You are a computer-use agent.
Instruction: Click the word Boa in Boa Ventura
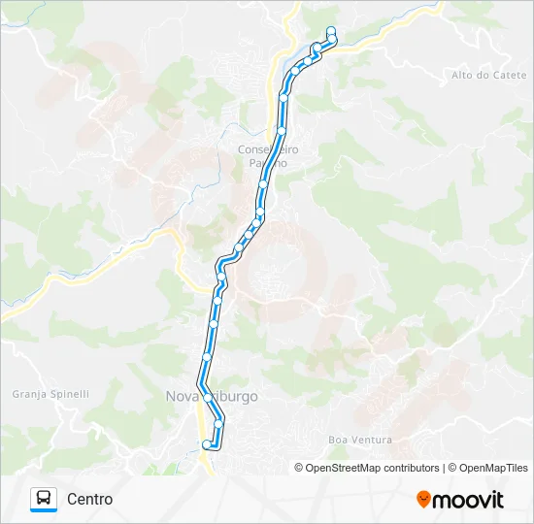click(337, 440)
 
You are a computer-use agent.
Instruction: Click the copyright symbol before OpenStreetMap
click(300, 468)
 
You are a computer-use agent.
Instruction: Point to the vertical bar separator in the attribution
click(445, 468)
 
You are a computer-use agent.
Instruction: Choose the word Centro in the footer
click(90, 499)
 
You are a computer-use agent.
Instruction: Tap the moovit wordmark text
click(469, 500)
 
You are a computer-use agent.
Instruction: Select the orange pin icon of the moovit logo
click(423, 499)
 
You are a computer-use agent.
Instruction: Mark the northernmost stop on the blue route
click(331, 30)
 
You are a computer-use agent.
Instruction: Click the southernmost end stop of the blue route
click(205, 444)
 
